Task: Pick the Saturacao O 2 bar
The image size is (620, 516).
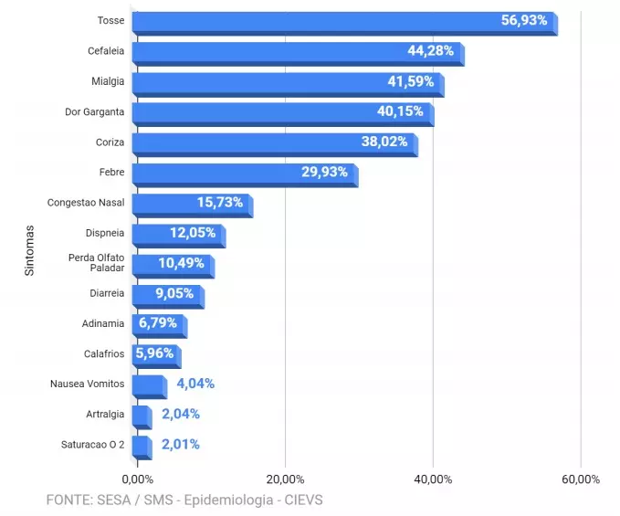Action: (141, 446)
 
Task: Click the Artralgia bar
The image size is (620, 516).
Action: (141, 416)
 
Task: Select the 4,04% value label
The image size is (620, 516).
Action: (195, 384)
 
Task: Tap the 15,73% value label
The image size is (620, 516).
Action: (220, 202)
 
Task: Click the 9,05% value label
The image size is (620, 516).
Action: (174, 293)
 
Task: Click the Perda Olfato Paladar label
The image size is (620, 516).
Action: (96, 262)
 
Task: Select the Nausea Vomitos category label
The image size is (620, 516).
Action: (88, 384)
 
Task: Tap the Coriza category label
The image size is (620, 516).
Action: (110, 142)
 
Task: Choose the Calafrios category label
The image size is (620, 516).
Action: (104, 353)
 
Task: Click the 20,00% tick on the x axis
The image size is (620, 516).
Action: (285, 479)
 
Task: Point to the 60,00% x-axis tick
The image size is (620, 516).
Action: (581, 479)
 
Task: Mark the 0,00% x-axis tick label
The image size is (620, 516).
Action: (138, 479)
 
